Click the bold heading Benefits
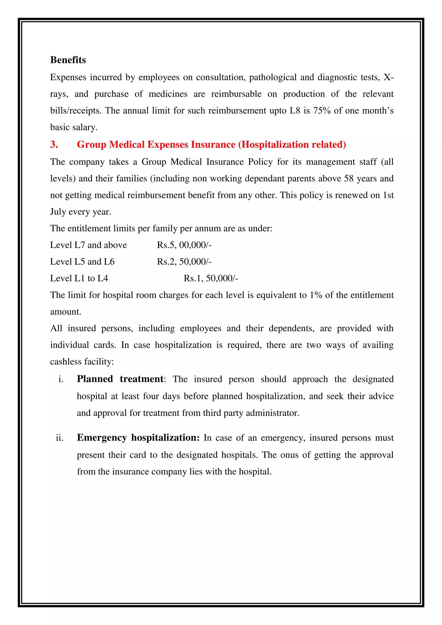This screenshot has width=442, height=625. pos(68,60)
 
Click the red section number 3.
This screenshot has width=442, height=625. pos(54,145)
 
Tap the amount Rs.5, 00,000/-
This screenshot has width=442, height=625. pos(184,245)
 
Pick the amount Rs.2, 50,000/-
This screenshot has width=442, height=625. pos(184,262)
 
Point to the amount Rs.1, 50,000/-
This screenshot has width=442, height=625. pos(211,278)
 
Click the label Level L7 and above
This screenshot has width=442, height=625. pos(88,245)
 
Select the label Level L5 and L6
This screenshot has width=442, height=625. pos(82,262)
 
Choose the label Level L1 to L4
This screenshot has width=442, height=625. pos(79,278)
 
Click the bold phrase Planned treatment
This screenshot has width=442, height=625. pos(120,379)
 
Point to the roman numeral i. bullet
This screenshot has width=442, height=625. pos(61,379)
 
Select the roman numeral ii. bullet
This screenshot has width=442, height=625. pos(60,438)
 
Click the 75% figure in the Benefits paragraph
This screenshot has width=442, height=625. pos(322,111)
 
